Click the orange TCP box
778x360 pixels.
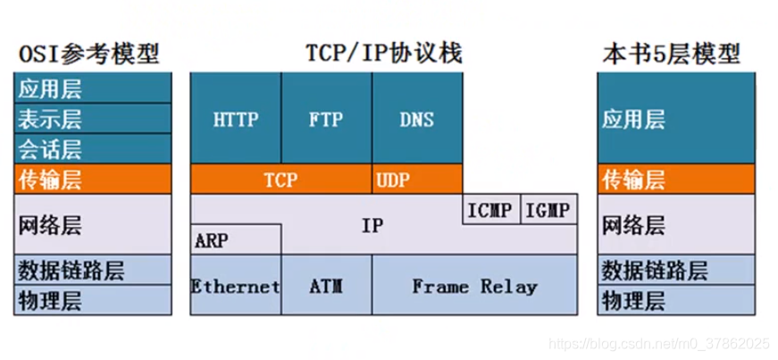pyautogui.click(x=281, y=180)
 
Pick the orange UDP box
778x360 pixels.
pyautogui.click(x=393, y=180)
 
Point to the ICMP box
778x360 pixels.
pyautogui.click(x=490, y=211)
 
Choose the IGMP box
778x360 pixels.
pyautogui.click(x=548, y=211)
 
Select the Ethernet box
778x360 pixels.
pyautogui.click(x=236, y=286)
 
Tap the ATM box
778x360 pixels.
pyautogui.click(x=327, y=286)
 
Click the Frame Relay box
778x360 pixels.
pyautogui.click(x=474, y=286)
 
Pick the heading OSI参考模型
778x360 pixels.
pyautogui.click(x=88, y=54)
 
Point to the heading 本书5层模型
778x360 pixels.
pyautogui.click(x=671, y=54)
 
